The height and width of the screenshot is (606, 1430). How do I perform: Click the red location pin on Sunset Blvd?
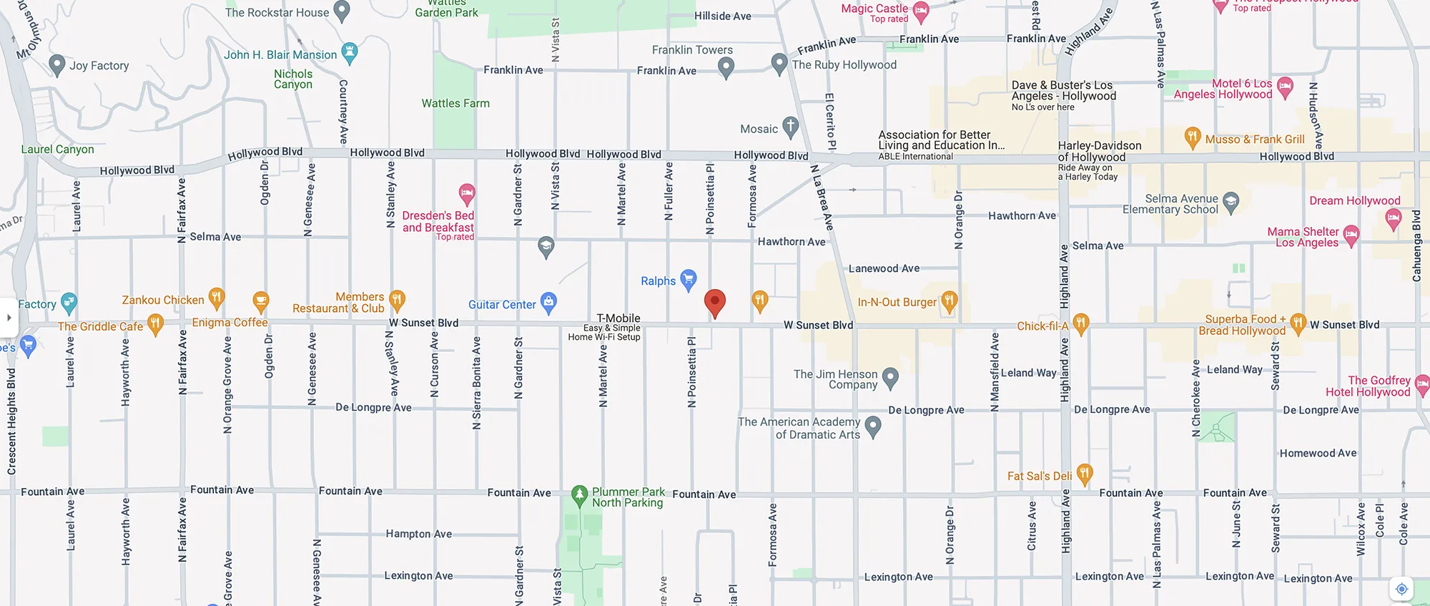pos(714,302)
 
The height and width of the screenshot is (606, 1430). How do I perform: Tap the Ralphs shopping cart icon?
pos(688,279)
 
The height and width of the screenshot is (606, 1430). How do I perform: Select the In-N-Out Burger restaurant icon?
pos(949,301)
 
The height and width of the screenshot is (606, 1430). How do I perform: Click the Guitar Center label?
pos(502,305)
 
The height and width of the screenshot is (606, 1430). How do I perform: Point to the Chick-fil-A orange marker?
pos(1080,323)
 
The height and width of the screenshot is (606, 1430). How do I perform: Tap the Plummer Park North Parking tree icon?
pos(580,494)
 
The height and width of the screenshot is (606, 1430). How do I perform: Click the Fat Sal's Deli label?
pos(1040,476)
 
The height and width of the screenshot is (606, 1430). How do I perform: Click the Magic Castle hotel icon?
pos(921,10)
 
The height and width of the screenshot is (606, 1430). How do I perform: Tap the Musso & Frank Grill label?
pos(1255,140)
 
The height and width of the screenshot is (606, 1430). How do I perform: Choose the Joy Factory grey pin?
pos(57,64)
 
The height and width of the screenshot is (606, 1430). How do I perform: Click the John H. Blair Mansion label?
pos(280,55)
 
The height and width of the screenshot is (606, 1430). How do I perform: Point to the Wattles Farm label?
pos(455,104)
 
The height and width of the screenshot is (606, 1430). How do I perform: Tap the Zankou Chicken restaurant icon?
pos(216,297)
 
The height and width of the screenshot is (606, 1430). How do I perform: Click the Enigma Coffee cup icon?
pos(261,301)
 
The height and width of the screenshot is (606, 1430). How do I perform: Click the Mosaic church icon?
pos(790,127)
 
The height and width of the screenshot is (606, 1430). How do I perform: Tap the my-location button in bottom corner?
pos(1401,589)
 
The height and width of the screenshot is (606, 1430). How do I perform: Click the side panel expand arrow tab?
pos(9,317)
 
